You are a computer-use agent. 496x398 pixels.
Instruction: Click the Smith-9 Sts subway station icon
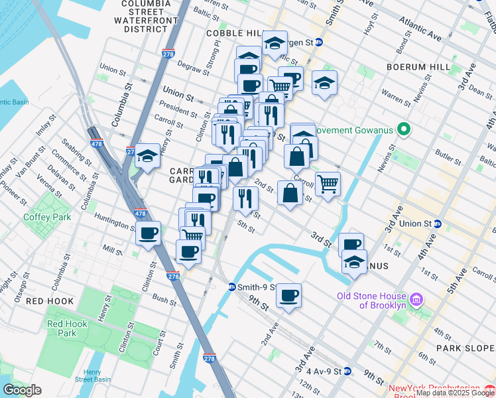point(232,287)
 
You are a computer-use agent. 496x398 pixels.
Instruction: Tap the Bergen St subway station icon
point(318,42)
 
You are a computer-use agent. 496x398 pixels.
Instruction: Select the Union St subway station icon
point(438,224)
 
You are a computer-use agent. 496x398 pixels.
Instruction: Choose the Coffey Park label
point(42,216)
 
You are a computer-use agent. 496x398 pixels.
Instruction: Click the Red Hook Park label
point(62,328)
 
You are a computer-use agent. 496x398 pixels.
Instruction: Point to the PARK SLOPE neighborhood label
point(462,347)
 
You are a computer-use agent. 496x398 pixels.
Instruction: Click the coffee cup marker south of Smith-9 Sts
point(288,295)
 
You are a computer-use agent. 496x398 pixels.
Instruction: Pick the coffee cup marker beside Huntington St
point(148,233)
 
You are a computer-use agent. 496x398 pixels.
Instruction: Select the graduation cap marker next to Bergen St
point(275,43)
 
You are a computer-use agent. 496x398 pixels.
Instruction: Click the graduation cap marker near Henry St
point(148,156)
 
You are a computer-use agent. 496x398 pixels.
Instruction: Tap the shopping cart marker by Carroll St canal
point(328,184)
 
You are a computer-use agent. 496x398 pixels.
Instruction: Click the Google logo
point(22,390)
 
